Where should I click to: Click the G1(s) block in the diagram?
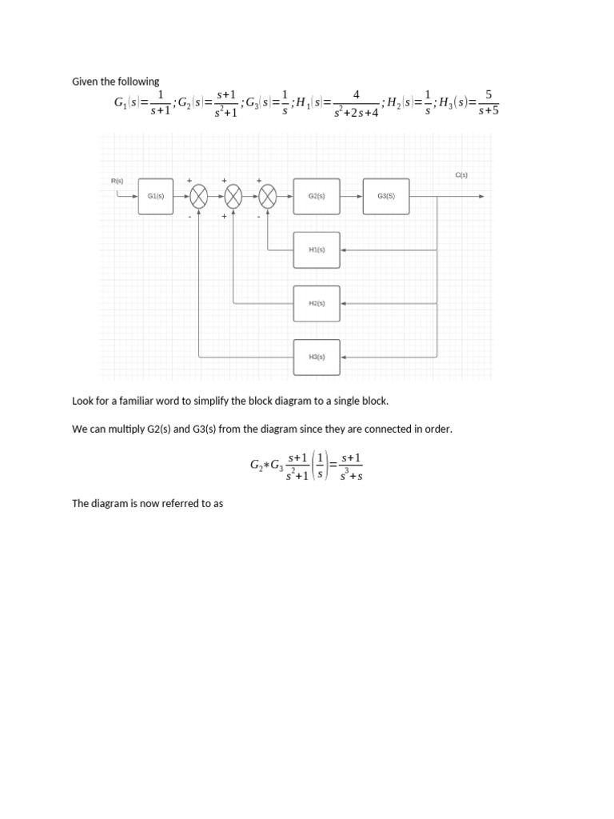156,196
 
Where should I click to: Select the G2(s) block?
317,196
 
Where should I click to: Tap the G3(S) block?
386,196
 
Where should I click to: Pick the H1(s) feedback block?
317,250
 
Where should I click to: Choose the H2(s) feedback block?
317,303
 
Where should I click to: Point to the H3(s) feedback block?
317,357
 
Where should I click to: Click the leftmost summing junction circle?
199,196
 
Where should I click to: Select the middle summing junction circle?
233,196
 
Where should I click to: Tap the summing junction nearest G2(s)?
268,196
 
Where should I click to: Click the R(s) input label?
118,181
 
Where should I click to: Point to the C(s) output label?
461,174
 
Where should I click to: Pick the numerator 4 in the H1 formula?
356,94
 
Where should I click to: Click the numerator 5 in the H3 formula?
488,94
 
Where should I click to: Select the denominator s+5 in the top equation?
488,111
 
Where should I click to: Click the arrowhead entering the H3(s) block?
344,357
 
